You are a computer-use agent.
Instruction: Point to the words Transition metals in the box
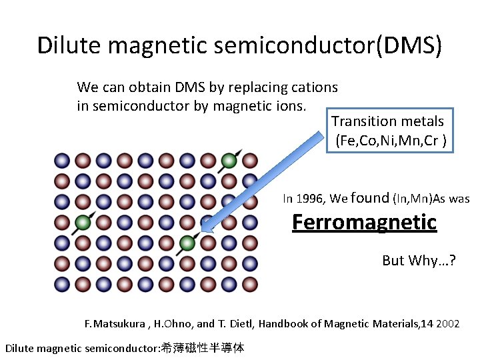pyautogui.click(x=387, y=121)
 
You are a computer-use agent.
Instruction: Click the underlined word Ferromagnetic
pyautogui.click(x=364, y=222)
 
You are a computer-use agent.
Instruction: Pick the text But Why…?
pyautogui.click(x=419, y=261)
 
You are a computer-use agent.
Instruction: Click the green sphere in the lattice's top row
pyautogui.click(x=229, y=160)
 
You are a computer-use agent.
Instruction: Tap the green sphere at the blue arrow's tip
pyautogui.click(x=187, y=243)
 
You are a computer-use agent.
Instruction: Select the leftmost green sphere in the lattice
pyautogui.click(x=83, y=222)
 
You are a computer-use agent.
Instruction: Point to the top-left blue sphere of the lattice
pyautogui.click(x=62, y=160)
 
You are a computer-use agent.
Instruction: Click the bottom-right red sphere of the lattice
pyautogui.click(x=249, y=284)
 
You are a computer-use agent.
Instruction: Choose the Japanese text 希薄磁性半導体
pyautogui.click(x=203, y=348)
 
